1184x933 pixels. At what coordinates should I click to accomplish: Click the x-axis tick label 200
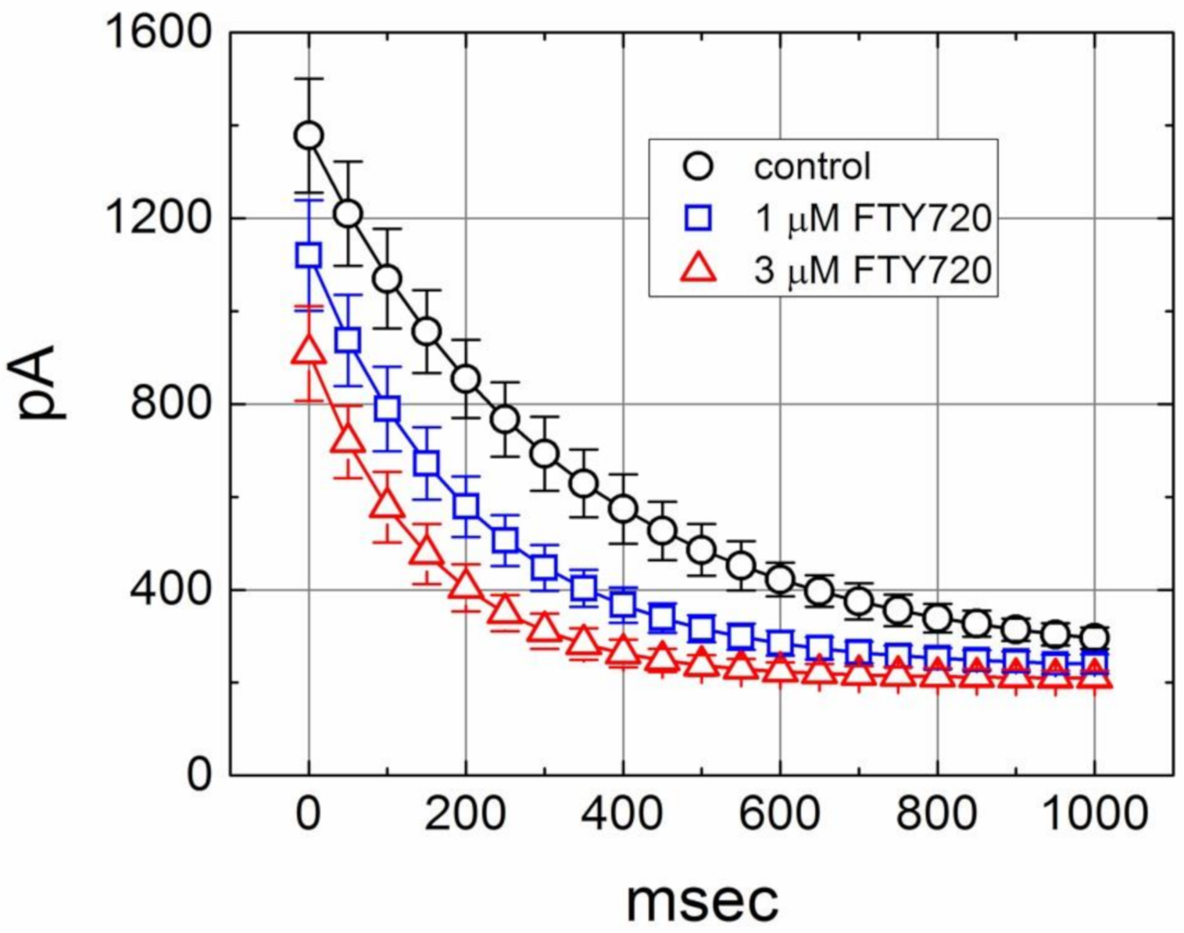(466, 813)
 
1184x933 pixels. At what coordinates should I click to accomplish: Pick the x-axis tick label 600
(779, 813)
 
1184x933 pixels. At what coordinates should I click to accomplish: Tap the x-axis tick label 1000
(1094, 813)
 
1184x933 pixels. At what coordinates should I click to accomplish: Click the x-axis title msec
(702, 899)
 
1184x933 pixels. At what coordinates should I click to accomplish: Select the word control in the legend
(811, 167)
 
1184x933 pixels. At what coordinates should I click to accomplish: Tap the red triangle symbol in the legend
(698, 268)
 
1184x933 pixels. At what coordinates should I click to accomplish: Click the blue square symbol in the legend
(698, 218)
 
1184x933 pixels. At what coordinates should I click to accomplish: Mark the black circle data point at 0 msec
(309, 135)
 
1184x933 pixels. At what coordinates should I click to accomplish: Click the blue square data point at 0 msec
(309, 255)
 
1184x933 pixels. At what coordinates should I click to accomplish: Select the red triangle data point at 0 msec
(309, 352)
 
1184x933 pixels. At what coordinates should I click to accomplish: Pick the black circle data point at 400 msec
(623, 508)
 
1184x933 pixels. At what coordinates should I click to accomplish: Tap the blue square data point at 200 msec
(466, 505)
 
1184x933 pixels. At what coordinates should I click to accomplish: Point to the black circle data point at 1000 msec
(1094, 637)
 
